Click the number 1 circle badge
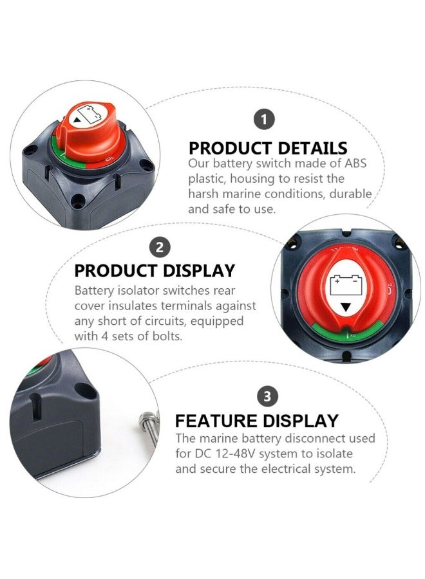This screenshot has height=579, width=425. tap(264, 118)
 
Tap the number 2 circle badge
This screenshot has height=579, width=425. tap(160, 247)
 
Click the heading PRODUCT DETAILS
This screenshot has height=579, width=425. tap(268, 148)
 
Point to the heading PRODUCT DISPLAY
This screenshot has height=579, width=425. tap(155, 271)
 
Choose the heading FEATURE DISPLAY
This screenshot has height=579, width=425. tap(256, 421)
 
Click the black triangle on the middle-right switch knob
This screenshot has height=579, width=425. tap(346, 307)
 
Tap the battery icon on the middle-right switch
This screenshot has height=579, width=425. tap(346, 284)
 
